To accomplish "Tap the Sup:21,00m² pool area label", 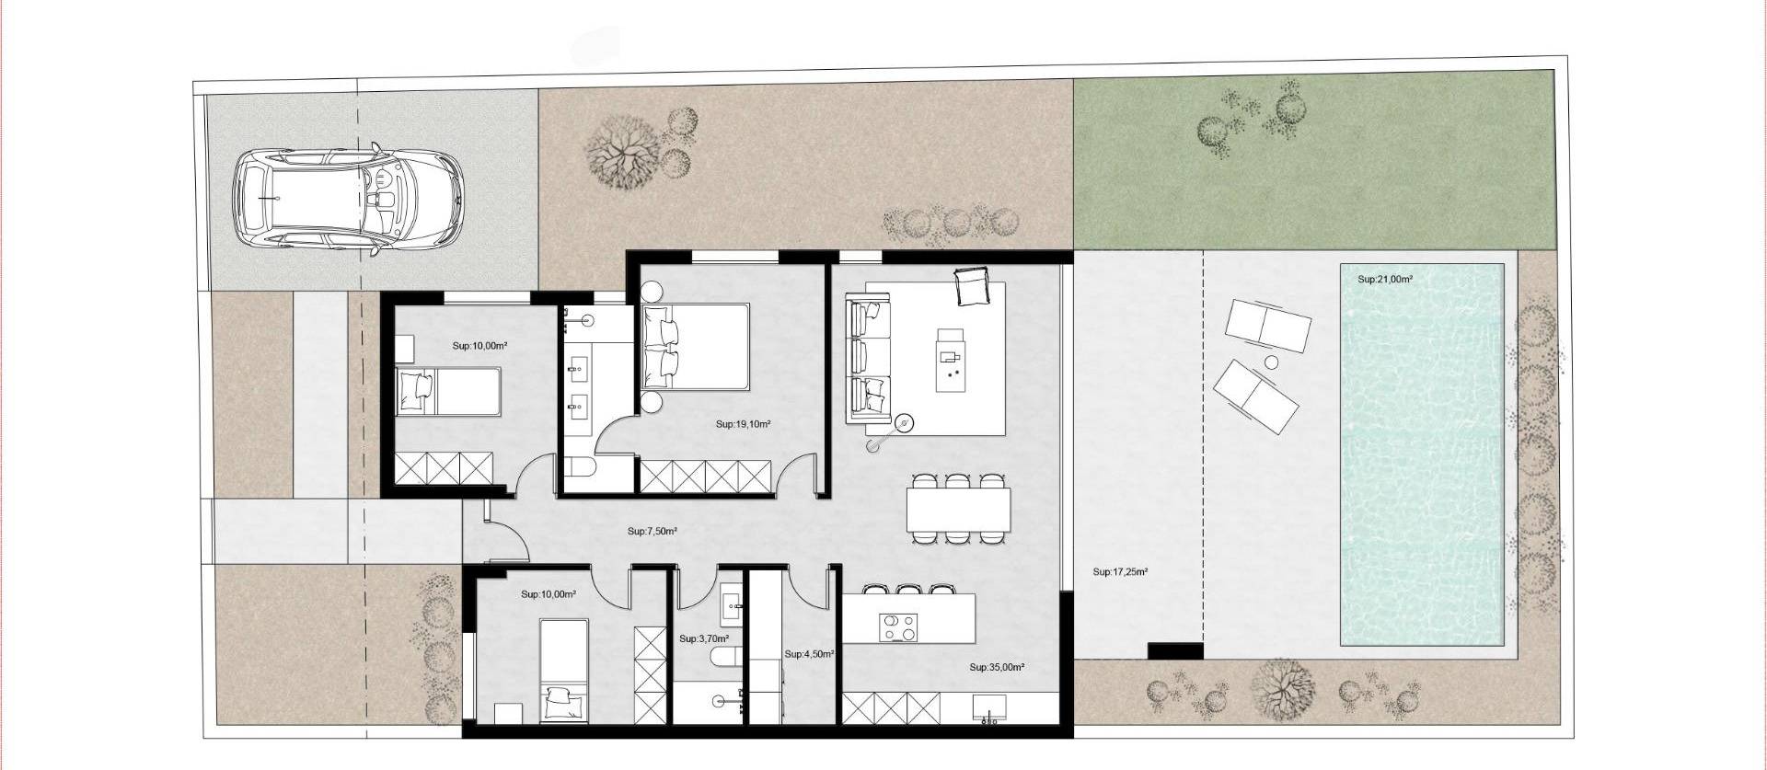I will tap(1385, 280).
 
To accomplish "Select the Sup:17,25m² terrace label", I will tap(1120, 572).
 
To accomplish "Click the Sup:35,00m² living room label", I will tap(997, 668).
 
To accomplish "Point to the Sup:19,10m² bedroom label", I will tap(743, 425).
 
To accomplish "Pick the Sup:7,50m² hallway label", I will tap(653, 532).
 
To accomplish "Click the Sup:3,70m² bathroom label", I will tap(704, 638).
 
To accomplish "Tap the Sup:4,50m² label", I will tap(809, 654).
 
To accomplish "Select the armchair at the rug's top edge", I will tap(972, 285).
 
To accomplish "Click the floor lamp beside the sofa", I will tap(906, 423).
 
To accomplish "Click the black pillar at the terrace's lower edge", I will tap(1175, 650).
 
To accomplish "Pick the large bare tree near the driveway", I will tap(622, 153).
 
